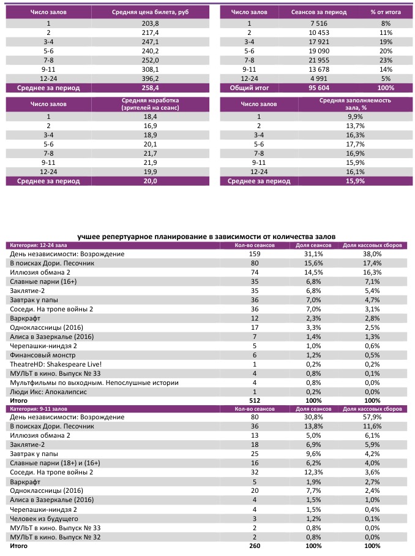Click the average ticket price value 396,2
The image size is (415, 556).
coord(151,78)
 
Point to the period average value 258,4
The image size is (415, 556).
coord(151,88)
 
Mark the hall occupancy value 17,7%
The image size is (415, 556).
coord(354,144)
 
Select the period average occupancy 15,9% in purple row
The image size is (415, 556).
coord(354,181)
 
